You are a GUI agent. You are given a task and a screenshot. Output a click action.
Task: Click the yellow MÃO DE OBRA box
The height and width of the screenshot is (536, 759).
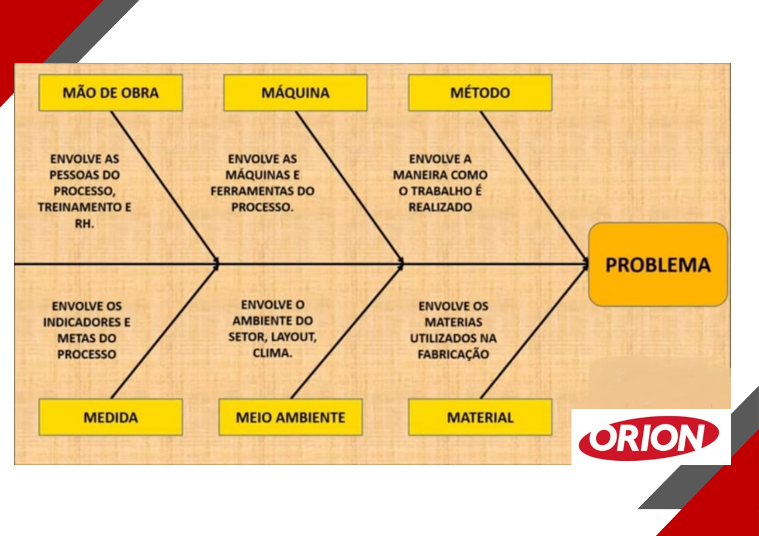point(110,93)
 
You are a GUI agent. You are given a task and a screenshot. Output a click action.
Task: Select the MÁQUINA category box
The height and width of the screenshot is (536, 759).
point(295,93)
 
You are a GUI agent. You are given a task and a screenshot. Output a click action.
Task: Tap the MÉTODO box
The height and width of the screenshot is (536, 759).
point(480,93)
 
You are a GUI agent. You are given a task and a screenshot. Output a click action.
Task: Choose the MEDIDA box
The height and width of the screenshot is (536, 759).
point(110,417)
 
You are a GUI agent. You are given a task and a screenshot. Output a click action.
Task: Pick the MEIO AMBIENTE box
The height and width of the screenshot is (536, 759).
point(291,417)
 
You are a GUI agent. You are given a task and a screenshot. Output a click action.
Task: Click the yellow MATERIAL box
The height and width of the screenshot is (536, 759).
point(480,417)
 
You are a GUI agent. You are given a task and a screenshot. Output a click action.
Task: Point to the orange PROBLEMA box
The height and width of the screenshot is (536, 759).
point(658,265)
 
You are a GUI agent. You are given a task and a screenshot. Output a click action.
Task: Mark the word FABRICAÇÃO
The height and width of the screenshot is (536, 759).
point(453,354)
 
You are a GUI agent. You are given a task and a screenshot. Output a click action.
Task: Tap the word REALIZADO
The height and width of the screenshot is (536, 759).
point(440,207)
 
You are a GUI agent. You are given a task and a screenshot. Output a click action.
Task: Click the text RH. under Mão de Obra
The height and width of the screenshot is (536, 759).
point(84,223)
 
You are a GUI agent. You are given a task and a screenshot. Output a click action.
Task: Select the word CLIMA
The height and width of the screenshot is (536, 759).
point(272,353)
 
